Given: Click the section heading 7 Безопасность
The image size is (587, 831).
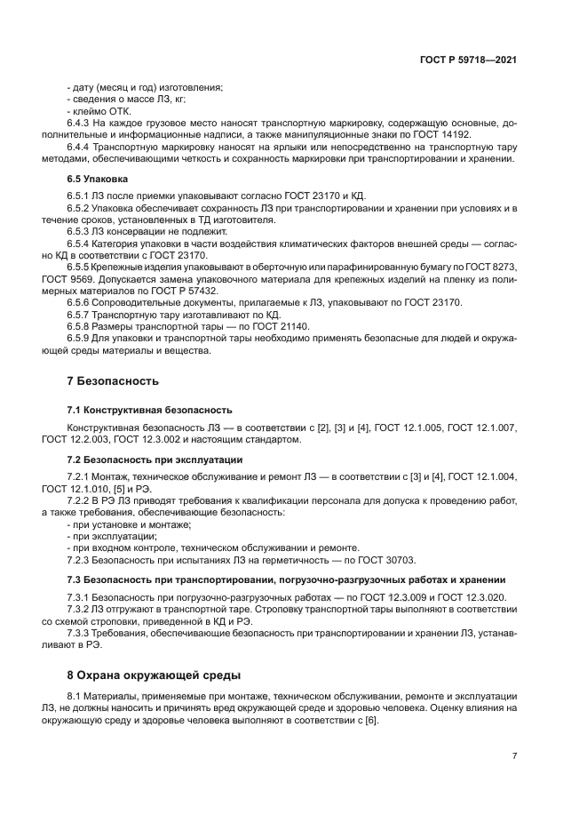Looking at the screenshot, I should click(x=113, y=381).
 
